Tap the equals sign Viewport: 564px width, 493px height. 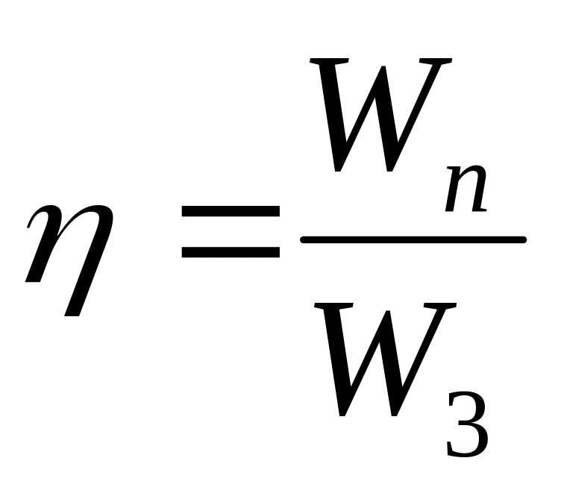click(x=231, y=233)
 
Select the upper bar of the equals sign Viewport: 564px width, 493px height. click(x=231, y=213)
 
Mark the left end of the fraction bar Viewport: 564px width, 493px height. click(x=303, y=239)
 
